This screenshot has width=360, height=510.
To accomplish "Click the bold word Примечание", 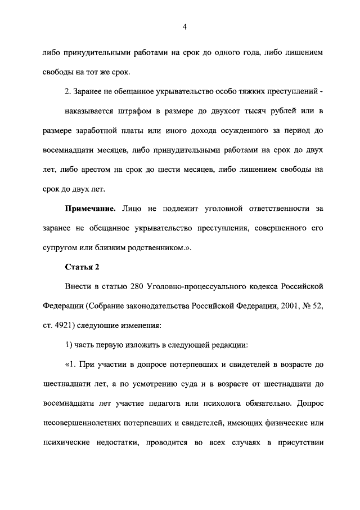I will [x=90, y=209].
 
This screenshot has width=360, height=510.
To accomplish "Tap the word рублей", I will [x=300, y=109].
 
